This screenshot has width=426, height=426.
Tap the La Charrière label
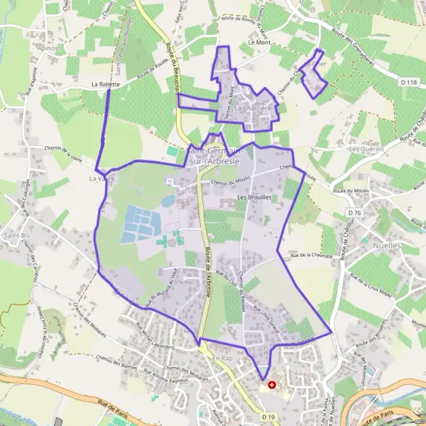[253, 107]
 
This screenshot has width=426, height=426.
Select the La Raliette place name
[105, 84]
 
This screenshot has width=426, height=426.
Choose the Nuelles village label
[386, 246]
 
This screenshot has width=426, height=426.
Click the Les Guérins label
[366, 149]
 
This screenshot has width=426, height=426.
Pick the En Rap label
[223, 359]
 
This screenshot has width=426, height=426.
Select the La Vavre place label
[102, 180]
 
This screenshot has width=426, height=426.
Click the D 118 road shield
[408, 83]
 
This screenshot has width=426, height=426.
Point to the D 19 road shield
[267, 416]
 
